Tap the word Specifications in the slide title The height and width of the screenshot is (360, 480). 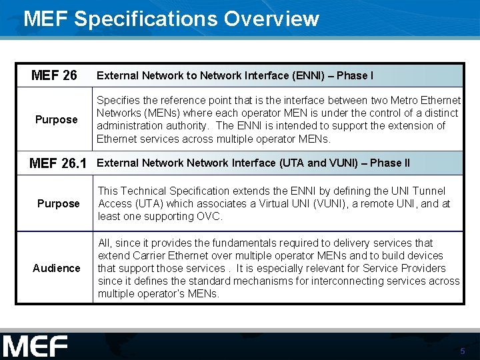tap(147, 19)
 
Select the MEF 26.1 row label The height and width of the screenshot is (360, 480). tap(58, 163)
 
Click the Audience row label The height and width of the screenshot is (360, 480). tap(57, 268)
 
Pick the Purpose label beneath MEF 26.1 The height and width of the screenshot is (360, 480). tap(58, 203)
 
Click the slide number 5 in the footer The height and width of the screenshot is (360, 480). tap(463, 351)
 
